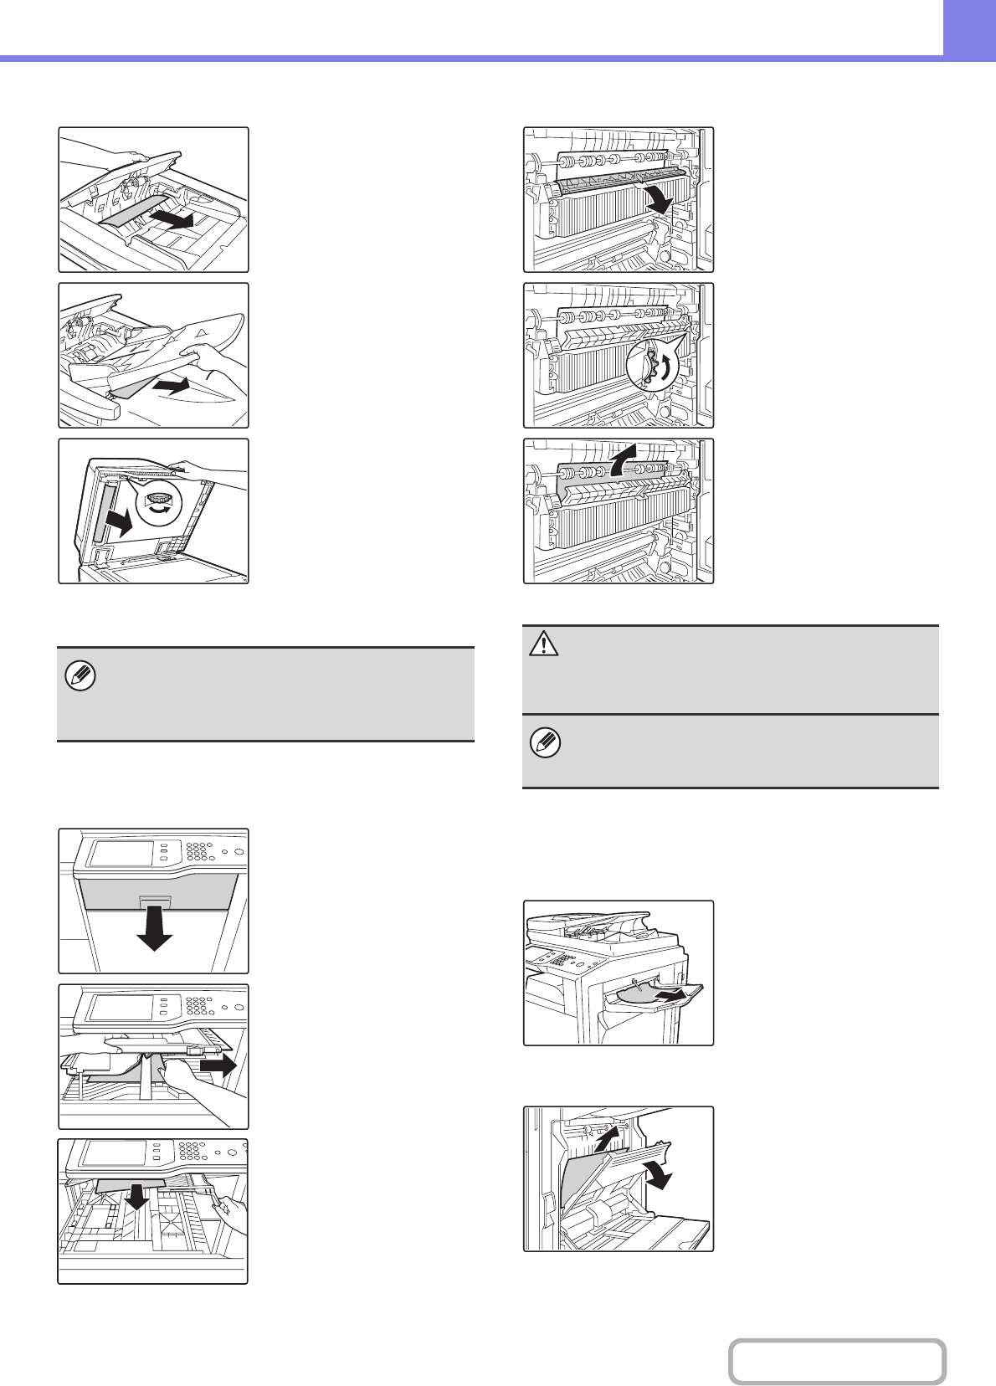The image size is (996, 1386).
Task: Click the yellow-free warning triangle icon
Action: (x=545, y=644)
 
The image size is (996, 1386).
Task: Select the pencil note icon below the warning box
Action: (x=545, y=742)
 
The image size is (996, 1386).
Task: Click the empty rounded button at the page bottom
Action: (x=836, y=1362)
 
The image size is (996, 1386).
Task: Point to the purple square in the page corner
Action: (x=970, y=28)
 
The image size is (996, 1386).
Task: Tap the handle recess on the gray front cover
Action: (x=156, y=902)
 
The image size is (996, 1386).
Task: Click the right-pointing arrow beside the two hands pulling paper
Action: (x=219, y=1065)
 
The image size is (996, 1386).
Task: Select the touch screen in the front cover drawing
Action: (x=121, y=852)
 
